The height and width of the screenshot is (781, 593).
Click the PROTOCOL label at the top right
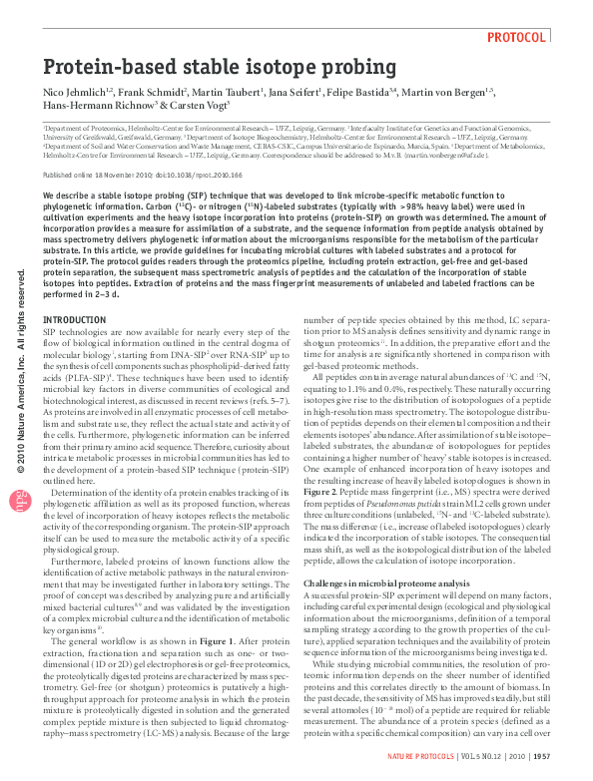pyautogui.click(x=517, y=37)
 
